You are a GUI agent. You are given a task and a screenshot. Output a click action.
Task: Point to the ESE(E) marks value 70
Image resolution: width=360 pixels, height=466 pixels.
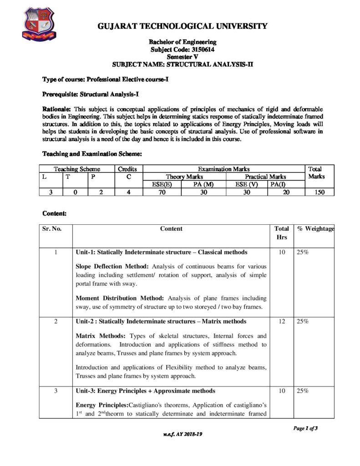coord(162,192)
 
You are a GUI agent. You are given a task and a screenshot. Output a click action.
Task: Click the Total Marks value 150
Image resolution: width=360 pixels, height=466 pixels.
coord(319,192)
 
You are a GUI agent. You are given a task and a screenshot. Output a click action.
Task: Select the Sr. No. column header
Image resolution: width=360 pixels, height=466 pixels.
coord(52,229)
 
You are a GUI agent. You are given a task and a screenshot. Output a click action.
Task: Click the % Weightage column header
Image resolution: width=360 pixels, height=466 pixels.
coord(315,229)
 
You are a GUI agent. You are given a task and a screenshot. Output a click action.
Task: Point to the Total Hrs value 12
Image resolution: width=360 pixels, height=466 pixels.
coord(282,322)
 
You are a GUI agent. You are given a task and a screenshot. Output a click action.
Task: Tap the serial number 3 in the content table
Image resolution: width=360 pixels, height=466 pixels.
coord(55,391)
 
